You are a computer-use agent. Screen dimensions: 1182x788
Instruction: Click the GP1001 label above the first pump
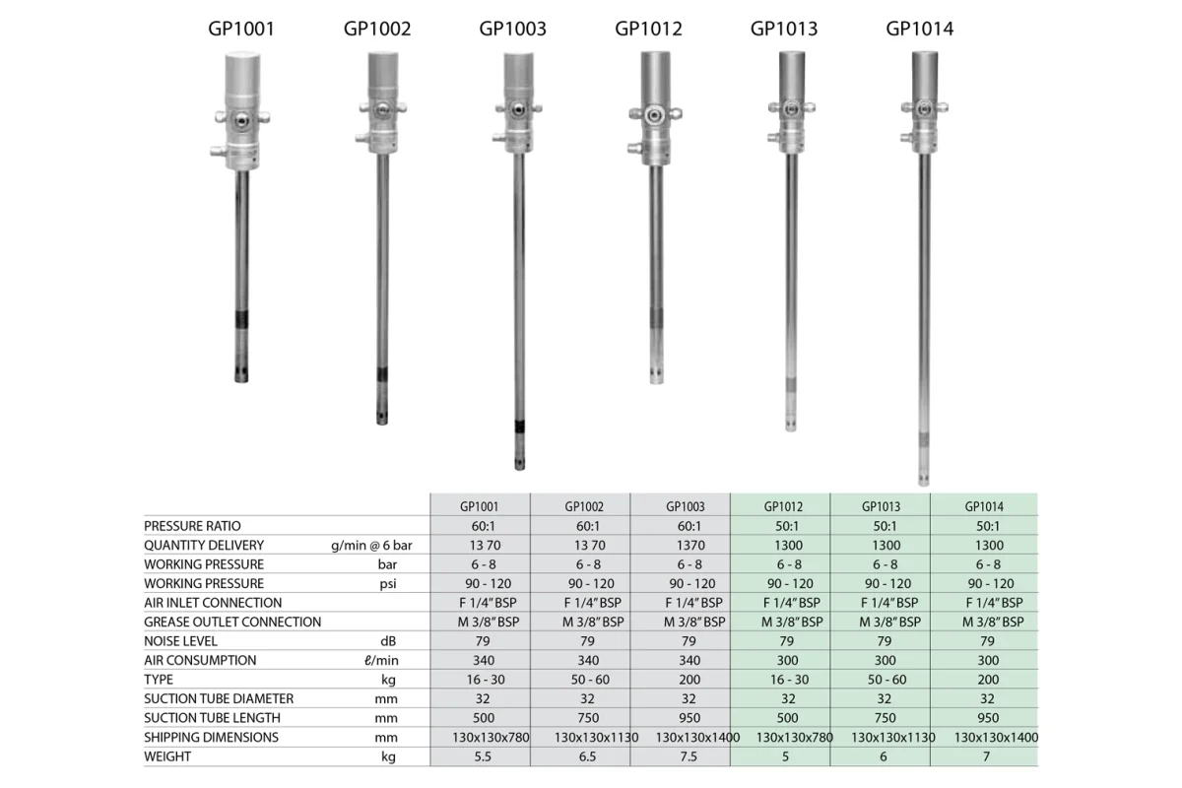coord(241,29)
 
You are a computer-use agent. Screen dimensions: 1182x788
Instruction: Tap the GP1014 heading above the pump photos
coord(920,29)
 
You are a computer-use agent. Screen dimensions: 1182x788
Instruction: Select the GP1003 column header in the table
coord(685,506)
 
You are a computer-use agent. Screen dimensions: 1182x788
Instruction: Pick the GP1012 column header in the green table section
coord(783,506)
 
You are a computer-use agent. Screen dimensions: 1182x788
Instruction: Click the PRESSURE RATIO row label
coord(192,526)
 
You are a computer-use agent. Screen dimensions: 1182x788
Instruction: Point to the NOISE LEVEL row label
coord(180,641)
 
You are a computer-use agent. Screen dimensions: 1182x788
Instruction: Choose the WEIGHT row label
coord(167,756)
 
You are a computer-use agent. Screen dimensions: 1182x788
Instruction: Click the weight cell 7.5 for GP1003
coord(689,756)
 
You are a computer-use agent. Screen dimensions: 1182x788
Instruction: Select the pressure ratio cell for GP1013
coord(885,526)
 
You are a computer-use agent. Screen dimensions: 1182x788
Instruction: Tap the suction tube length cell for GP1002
coord(588,718)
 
